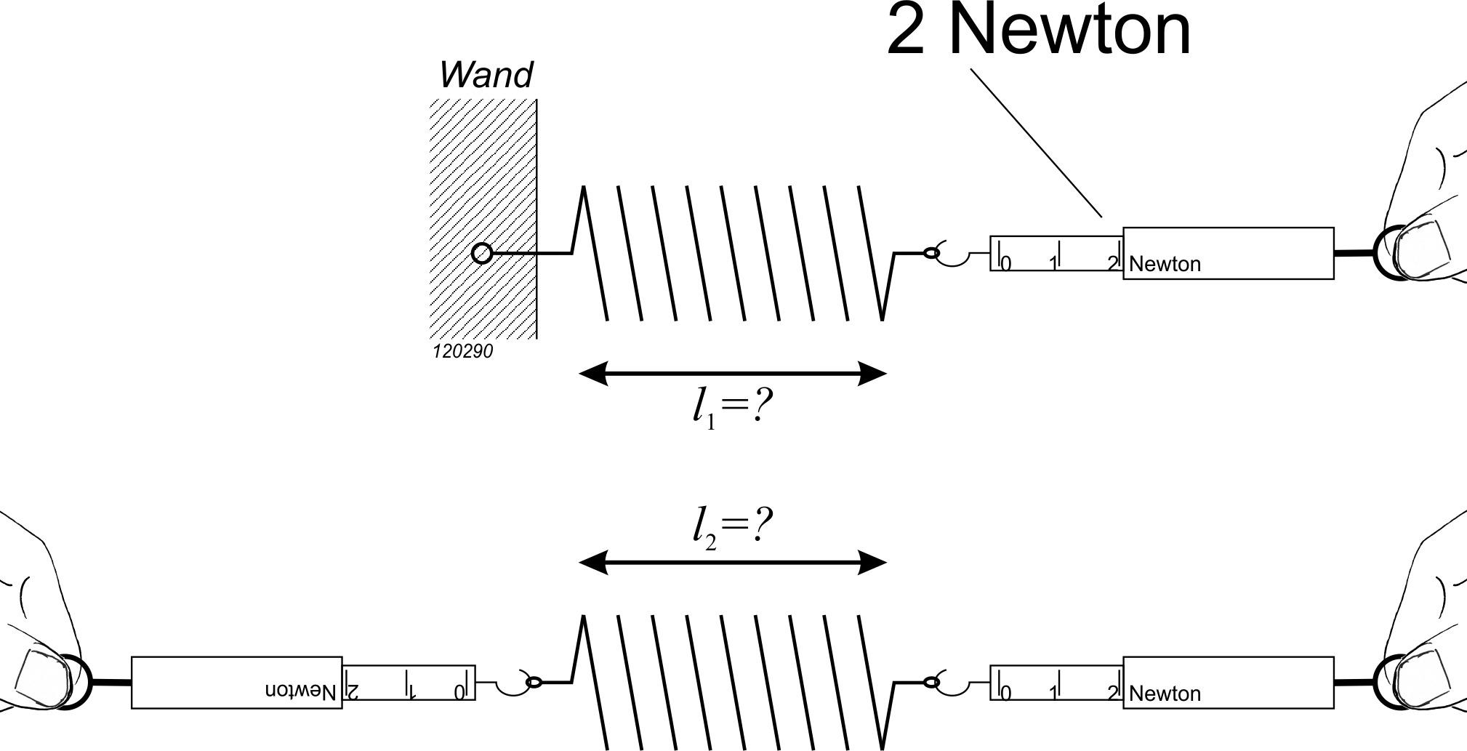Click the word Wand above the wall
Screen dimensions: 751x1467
click(x=486, y=75)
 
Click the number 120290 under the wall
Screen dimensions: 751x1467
click(x=462, y=352)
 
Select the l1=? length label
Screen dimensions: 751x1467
click(x=731, y=410)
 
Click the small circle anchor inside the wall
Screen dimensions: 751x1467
click(x=481, y=253)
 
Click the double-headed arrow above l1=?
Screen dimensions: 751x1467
click(x=732, y=374)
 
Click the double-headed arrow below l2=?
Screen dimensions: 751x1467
click(x=732, y=563)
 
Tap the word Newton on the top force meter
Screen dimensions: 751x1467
click(x=1165, y=264)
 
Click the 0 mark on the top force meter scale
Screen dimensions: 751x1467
click(x=1006, y=264)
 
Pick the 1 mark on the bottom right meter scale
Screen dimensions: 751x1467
click(x=1053, y=693)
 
